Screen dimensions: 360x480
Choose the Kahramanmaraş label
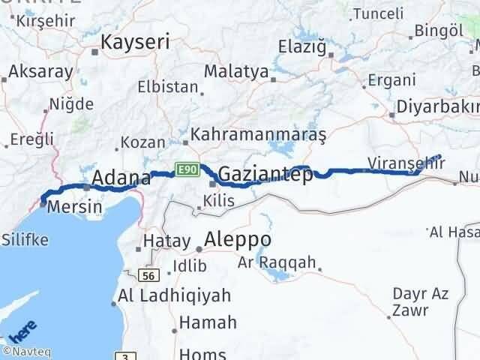(x=258, y=135)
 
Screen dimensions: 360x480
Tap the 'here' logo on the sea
(x=23, y=330)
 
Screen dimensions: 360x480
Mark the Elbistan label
(x=167, y=86)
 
